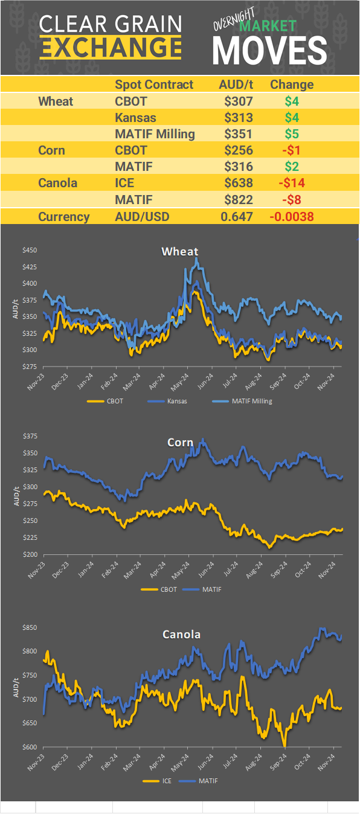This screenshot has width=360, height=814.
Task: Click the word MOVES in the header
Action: coord(269,50)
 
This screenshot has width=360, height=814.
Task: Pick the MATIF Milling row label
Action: coord(155,133)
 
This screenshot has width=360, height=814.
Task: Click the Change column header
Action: coord(292,85)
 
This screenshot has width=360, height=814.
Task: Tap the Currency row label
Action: coord(64,217)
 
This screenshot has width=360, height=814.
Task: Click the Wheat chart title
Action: coord(179,251)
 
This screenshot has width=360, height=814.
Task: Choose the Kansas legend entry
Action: coord(176,400)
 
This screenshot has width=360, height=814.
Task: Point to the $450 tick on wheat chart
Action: coord(29,250)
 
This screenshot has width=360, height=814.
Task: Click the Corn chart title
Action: coord(180,443)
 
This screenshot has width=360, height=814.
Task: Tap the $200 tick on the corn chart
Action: coord(29,554)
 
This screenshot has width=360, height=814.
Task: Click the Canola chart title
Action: coord(181,635)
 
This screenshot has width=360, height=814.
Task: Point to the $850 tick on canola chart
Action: coord(29,628)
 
